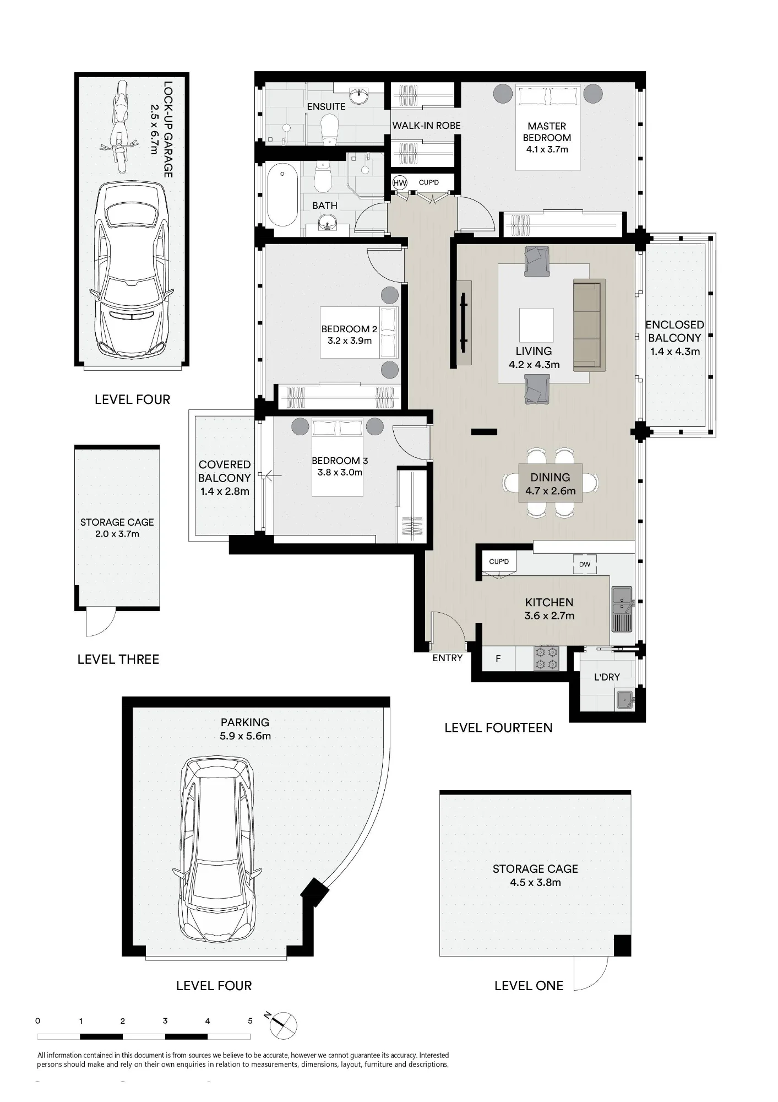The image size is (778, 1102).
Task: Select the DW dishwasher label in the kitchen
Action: click(585, 564)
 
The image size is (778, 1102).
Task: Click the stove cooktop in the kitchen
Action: click(546, 658)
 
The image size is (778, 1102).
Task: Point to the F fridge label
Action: click(498, 658)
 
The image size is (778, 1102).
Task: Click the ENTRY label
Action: click(447, 658)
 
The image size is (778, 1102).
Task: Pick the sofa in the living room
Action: click(589, 325)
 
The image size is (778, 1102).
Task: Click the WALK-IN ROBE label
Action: click(426, 126)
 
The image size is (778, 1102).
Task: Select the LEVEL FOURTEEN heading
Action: click(498, 728)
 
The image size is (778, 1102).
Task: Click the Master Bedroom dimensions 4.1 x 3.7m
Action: click(547, 149)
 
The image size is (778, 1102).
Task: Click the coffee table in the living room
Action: click(536, 325)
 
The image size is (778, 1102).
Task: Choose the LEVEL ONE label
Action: click(529, 986)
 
